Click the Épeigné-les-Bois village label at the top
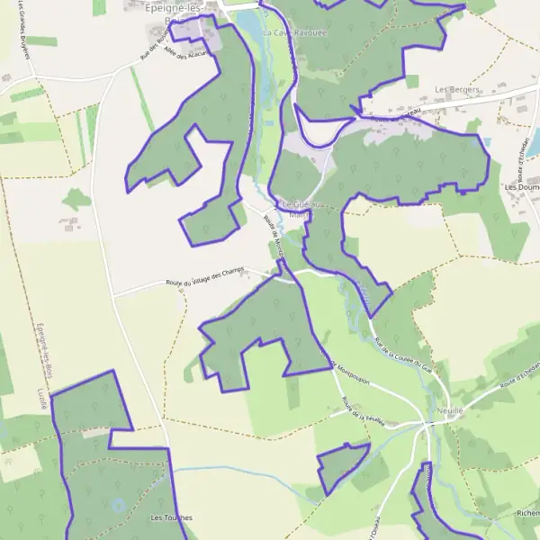(179, 10)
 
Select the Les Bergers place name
(457, 90)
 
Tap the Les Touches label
(171, 517)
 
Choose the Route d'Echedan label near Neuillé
(518, 378)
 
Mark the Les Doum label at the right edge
(522, 187)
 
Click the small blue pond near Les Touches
(118, 505)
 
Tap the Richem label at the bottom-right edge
(527, 513)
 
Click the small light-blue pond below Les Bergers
(486, 141)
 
